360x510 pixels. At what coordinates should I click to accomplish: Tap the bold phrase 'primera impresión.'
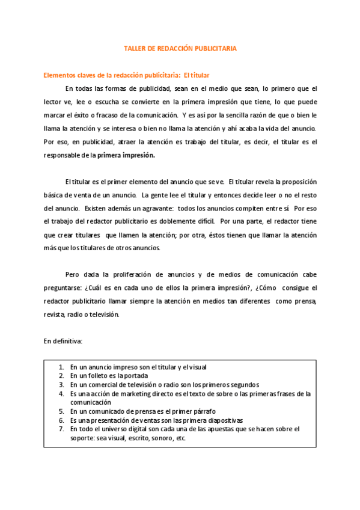click(126, 155)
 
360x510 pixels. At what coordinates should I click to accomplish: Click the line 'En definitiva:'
click(63, 341)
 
